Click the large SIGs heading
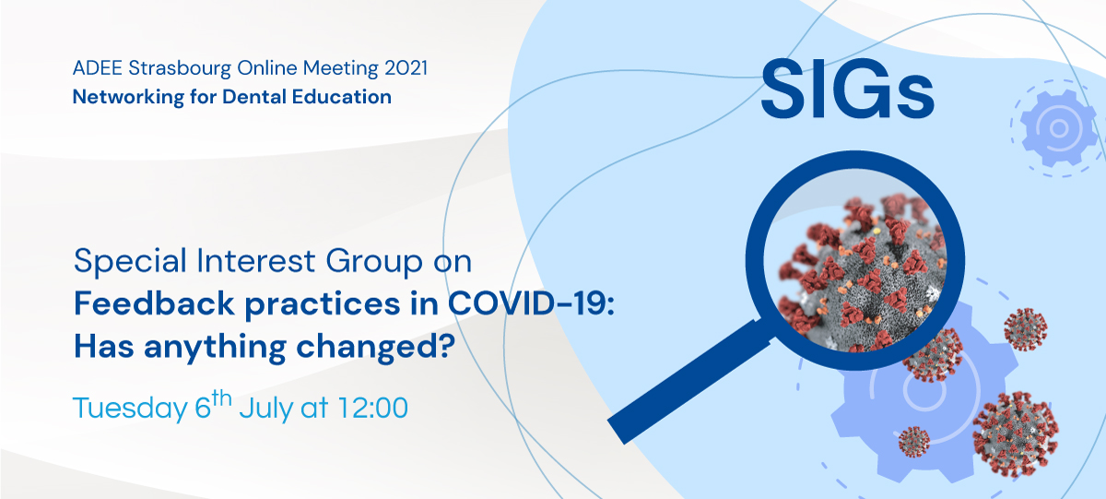click(847, 89)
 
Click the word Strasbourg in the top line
click(179, 68)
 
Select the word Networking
click(128, 97)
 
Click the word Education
click(342, 96)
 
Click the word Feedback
click(154, 303)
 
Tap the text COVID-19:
click(531, 303)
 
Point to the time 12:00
click(372, 408)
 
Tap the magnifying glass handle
click(688, 382)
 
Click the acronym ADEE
click(98, 68)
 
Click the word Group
click(374, 261)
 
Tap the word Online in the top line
click(266, 68)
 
